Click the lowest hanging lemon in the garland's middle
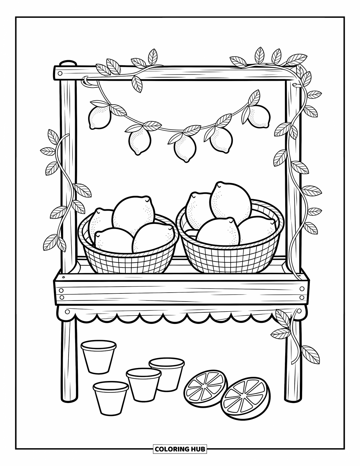[185, 150]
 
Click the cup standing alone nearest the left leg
[98, 356]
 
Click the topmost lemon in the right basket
[231, 201]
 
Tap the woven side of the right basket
[230, 258]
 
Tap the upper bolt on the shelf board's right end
[302, 289]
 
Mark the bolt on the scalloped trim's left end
[67, 312]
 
